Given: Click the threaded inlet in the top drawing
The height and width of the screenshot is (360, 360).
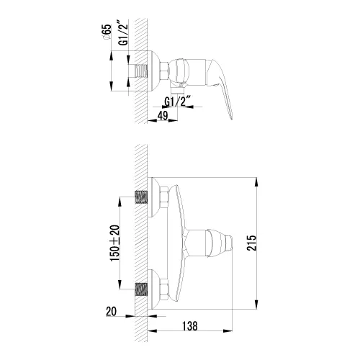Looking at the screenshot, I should click(x=143, y=73).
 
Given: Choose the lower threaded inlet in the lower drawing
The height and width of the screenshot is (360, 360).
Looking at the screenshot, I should click(x=142, y=289).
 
